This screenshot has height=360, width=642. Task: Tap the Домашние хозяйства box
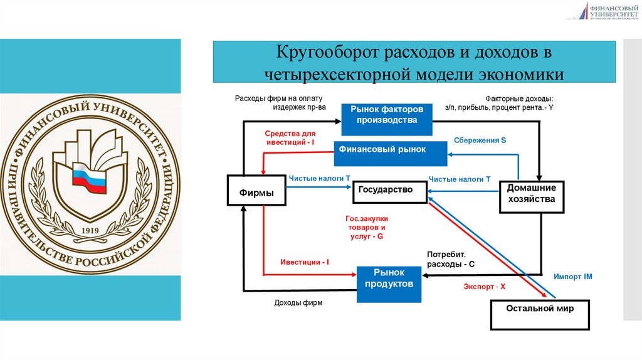click(x=531, y=194)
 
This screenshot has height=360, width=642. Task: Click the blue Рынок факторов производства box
click(x=387, y=115)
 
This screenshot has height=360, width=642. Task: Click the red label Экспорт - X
click(x=484, y=286)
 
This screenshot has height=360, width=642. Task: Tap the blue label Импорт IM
click(x=572, y=277)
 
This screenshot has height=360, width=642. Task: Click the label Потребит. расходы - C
click(x=450, y=260)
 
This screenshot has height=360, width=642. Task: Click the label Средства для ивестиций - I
click(x=290, y=138)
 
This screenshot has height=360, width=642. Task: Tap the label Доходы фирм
click(x=298, y=303)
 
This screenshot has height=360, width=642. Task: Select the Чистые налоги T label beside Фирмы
click(x=318, y=179)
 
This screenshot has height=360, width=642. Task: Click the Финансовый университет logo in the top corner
click(x=604, y=11)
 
